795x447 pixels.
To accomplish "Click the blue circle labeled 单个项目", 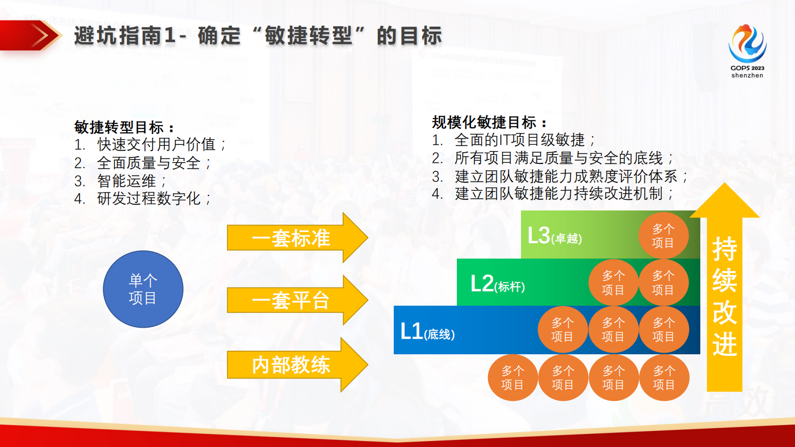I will [143, 289].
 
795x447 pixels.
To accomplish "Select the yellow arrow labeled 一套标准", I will [296, 238].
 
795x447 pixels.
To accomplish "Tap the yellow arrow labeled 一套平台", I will [296, 300].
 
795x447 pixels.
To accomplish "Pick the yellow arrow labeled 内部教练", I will [296, 365].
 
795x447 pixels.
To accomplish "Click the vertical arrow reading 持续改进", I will [724, 296].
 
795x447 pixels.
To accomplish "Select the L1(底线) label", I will [427, 331].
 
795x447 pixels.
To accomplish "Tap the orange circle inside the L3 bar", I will [663, 236].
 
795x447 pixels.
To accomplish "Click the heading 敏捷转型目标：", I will [124, 127].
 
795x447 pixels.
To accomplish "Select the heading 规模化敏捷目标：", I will [489, 122].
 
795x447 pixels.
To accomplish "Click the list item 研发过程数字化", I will [149, 199].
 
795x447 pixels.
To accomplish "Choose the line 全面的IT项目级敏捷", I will [519, 140].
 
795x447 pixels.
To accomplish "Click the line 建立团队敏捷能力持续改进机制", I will [559, 194].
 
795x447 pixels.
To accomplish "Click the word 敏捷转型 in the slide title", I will [309, 36].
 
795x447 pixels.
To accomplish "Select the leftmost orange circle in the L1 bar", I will [562, 330].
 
